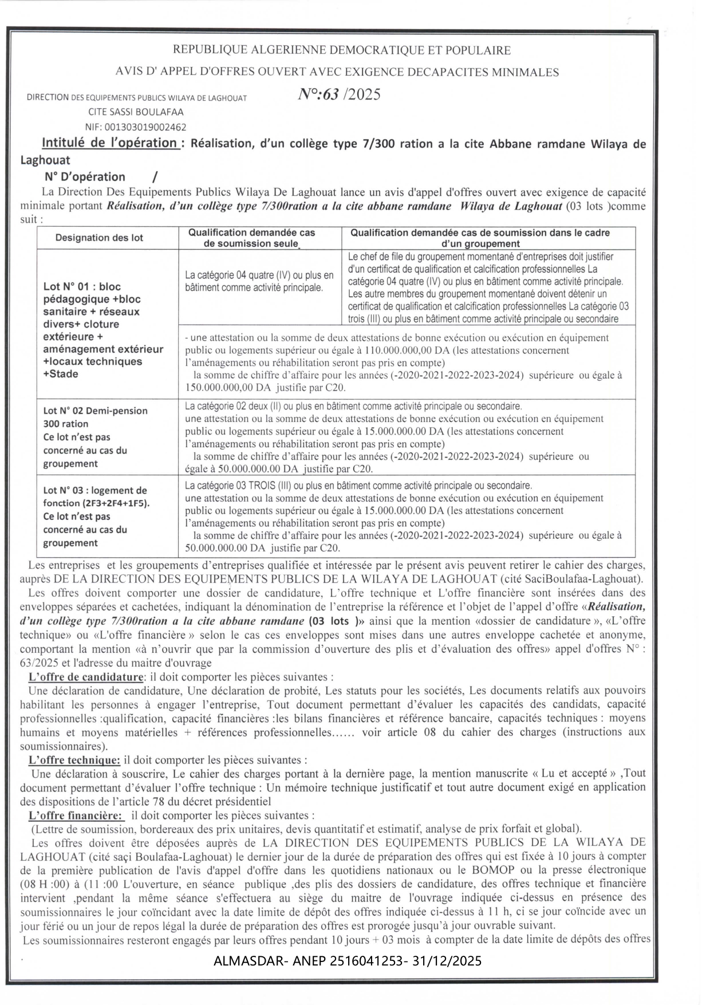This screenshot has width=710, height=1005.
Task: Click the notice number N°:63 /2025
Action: [x=339, y=94]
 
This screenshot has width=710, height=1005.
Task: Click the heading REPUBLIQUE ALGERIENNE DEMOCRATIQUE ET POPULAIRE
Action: [x=341, y=50]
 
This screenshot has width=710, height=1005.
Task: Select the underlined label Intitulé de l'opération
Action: [x=109, y=143]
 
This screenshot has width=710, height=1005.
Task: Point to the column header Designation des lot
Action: [x=99, y=238]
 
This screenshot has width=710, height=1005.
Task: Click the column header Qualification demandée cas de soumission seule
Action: [x=252, y=238]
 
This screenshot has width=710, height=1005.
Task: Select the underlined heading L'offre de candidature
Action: [x=86, y=677]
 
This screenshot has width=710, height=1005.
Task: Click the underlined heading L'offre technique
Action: [x=74, y=760]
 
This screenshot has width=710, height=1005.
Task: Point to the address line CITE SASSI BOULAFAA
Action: [x=136, y=112]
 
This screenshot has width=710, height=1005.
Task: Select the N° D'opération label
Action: [x=85, y=177]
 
